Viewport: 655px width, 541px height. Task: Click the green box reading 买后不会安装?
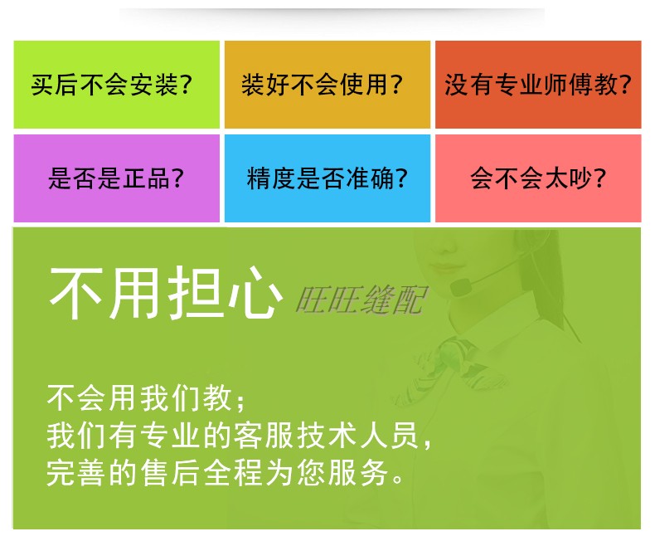coord(117,85)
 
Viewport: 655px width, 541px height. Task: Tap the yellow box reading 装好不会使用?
coord(327,85)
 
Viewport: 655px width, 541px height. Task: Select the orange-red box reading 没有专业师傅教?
coord(538,85)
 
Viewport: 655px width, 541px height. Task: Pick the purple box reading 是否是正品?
coord(117,178)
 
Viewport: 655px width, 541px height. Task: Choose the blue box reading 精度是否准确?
coord(327,178)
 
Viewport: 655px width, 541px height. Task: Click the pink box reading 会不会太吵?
coord(538,178)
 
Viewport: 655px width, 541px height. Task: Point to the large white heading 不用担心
coord(166,293)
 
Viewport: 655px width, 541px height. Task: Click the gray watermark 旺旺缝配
coord(361,300)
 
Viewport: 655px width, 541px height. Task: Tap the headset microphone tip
coord(460,288)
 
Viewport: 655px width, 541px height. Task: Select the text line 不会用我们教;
coord(146,397)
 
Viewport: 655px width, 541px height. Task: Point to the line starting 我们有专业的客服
coord(239,436)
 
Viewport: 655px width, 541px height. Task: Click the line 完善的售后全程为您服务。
coord(225,473)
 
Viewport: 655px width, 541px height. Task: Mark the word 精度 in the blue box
coord(270,178)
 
